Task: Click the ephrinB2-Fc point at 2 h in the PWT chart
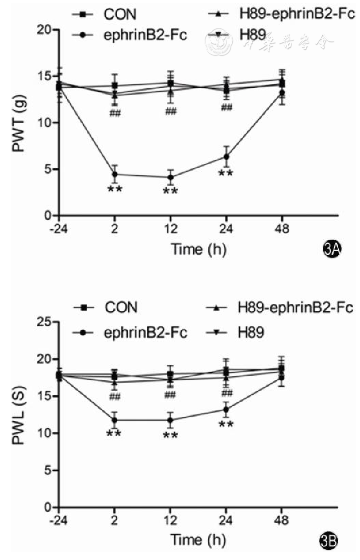pos(115,174)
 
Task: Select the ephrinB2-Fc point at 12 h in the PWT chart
pos(170,177)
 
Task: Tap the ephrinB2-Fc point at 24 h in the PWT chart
pos(226,157)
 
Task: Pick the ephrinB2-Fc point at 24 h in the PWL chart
pos(226,409)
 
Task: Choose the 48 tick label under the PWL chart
pos(282,520)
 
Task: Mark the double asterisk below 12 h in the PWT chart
pos(170,191)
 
